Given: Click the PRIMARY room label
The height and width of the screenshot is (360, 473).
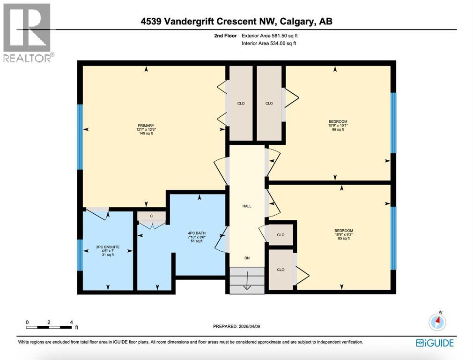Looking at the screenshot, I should pos(146,125).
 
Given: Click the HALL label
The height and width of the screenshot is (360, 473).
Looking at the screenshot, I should pos(247,206).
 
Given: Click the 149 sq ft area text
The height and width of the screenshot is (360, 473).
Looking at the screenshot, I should pos(146,134).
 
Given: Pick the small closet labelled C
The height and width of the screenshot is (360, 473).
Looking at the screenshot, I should pos(151,216).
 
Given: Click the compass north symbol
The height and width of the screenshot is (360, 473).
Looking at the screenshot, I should pos(437,322).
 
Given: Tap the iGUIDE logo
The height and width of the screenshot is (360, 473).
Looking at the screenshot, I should pos(435,343).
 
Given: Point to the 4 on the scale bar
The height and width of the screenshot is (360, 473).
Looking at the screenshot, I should pos(71,322).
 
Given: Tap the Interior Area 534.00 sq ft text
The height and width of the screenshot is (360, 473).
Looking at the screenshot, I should pos(269,44).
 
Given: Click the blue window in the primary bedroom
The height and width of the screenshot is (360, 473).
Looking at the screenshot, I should pos(80,136).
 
